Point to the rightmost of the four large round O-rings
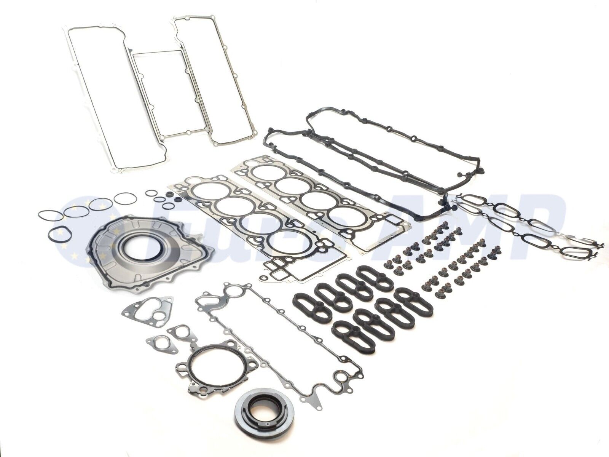coord(122,198)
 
